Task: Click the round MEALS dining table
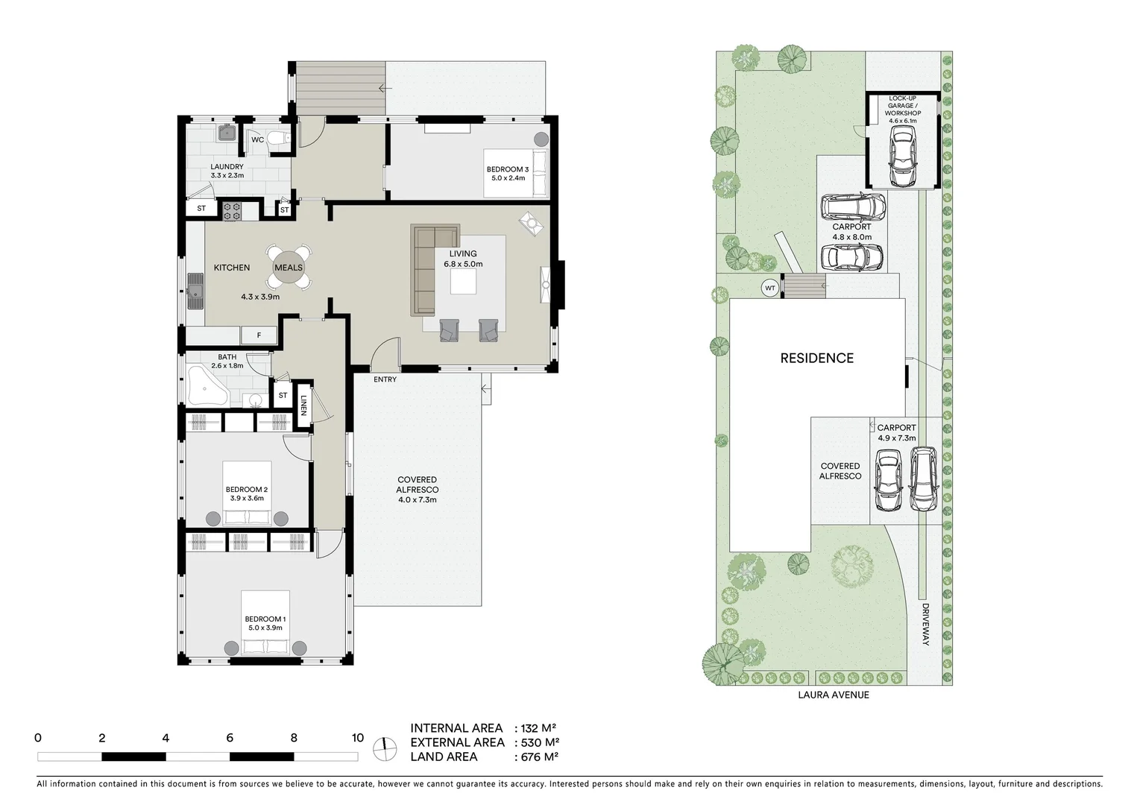pyautogui.click(x=289, y=268)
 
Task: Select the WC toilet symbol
pyautogui.click(x=278, y=139)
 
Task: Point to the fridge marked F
pyautogui.click(x=259, y=335)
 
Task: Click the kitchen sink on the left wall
pyautogui.click(x=195, y=291)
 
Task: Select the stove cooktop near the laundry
pyautogui.click(x=232, y=211)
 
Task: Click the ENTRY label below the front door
pyautogui.click(x=385, y=379)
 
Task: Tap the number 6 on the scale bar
pyautogui.click(x=230, y=738)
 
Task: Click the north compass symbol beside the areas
pyautogui.click(x=385, y=748)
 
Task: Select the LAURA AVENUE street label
pyautogui.click(x=831, y=695)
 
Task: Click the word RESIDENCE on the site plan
pyautogui.click(x=816, y=358)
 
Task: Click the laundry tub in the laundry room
pyautogui.click(x=226, y=133)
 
